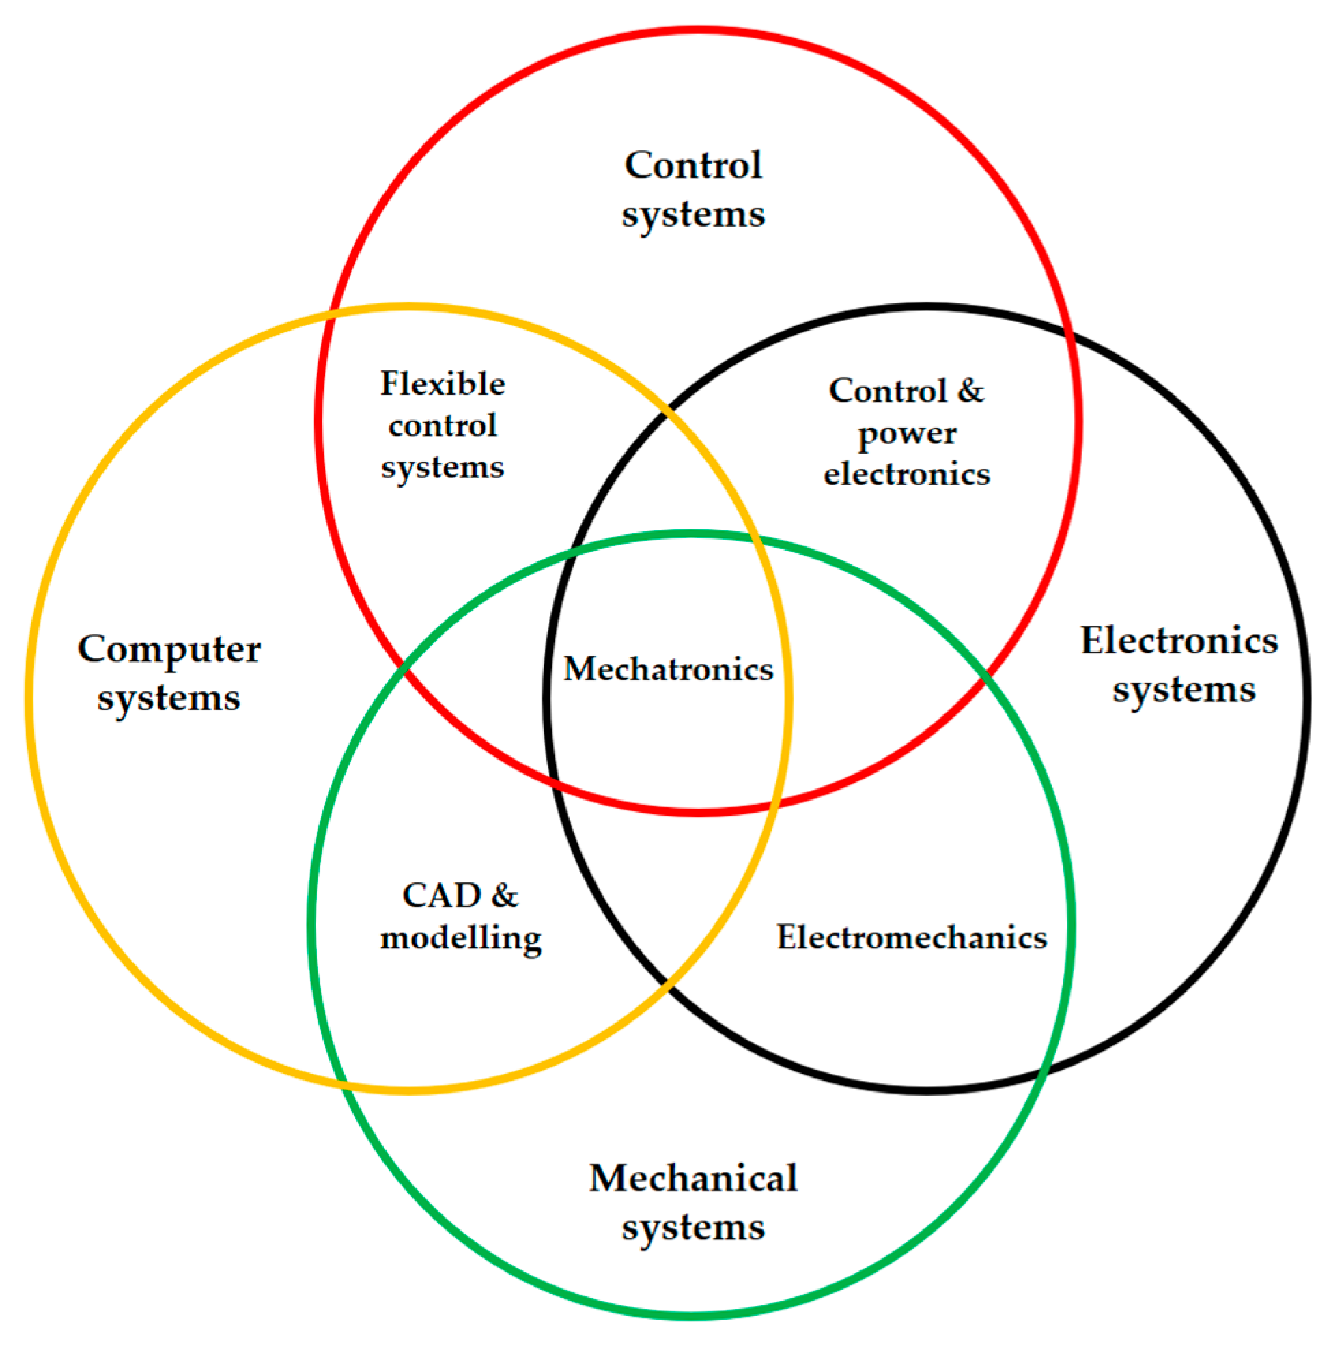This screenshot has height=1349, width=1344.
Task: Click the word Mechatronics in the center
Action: tap(668, 669)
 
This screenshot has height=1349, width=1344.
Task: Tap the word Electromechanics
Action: tap(911, 937)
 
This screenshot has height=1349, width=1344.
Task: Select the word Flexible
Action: tap(443, 383)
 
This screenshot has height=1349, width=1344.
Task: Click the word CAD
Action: tap(441, 896)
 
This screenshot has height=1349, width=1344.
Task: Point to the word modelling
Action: tap(461, 938)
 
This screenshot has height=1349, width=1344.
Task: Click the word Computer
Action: tap(169, 650)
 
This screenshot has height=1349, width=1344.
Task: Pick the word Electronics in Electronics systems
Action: tap(1179, 640)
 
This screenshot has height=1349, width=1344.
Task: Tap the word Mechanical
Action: tap(692, 1179)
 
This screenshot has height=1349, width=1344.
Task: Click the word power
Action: tap(907, 434)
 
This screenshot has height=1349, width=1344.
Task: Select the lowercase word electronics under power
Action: tap(907, 475)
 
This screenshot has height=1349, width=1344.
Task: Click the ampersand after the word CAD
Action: tap(504, 896)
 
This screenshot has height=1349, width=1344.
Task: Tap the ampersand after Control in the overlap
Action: tap(970, 391)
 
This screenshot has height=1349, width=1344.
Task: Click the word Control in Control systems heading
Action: tap(692, 165)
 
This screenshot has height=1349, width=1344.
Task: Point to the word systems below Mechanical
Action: tap(692, 1227)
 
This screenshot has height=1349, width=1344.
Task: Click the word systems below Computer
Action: tap(169, 698)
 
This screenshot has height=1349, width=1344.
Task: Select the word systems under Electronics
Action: tap(1184, 690)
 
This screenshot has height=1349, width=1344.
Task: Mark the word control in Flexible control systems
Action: tap(443, 426)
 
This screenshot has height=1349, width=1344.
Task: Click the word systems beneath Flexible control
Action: tap(443, 467)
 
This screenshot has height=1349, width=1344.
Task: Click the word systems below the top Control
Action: tap(692, 214)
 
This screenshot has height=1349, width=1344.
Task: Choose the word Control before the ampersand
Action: tap(888, 391)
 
